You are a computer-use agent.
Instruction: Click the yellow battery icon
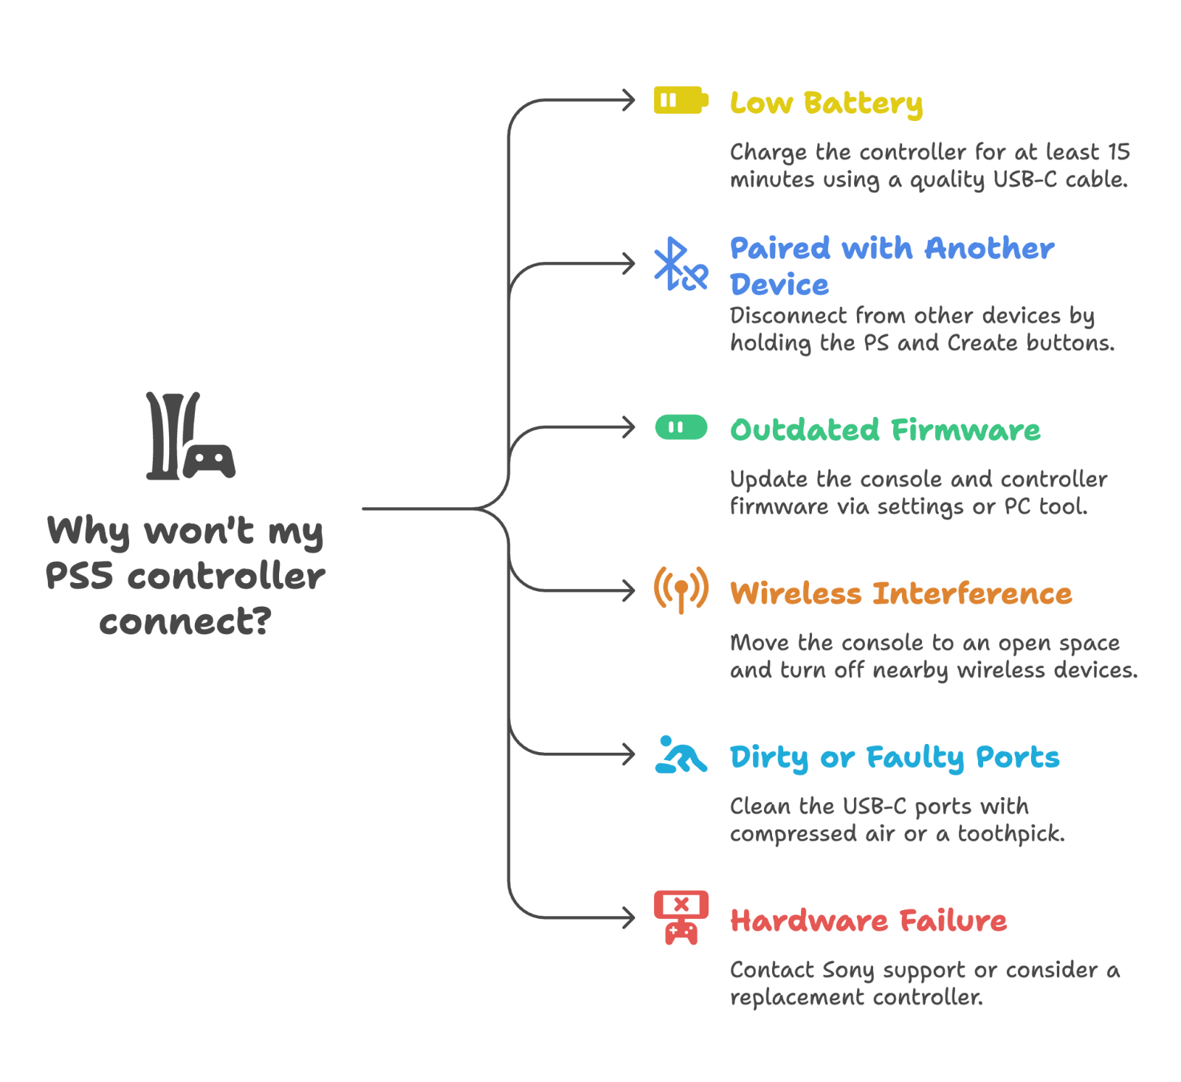point(681,100)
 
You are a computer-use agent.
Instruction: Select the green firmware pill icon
point(681,427)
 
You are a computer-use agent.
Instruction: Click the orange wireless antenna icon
point(681,589)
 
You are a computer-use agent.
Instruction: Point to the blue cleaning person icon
point(681,754)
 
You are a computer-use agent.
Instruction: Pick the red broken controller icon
point(681,917)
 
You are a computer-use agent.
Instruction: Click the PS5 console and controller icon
point(190,436)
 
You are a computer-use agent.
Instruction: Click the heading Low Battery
point(826,103)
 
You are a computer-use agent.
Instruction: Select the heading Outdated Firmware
point(885,430)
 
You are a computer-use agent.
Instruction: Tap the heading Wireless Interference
point(901,593)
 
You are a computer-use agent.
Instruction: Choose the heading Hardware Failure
point(868,920)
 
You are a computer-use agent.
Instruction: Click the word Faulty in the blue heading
point(915,758)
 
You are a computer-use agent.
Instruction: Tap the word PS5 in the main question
point(79,576)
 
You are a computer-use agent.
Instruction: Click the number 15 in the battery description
point(1119,152)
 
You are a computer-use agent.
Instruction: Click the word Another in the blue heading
point(989,249)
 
